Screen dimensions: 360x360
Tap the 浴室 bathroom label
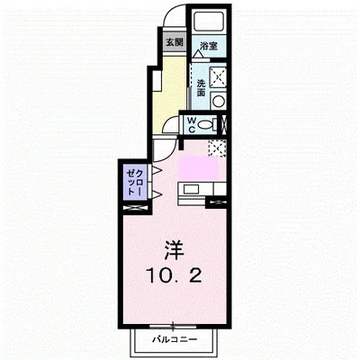[209, 44]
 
